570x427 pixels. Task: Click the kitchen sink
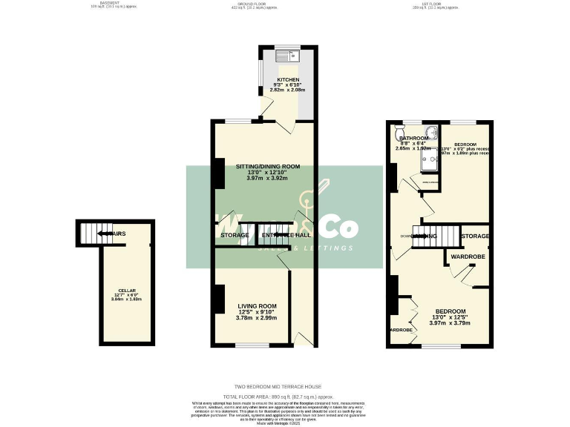click(285, 54)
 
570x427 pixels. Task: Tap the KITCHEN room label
click(288, 79)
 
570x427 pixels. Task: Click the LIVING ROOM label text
click(257, 305)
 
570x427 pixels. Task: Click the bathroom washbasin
click(432, 135)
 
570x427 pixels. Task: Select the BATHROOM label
click(414, 139)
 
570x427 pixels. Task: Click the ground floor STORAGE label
click(235, 236)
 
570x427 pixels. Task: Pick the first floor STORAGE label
click(475, 236)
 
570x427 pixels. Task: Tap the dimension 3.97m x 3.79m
click(451, 322)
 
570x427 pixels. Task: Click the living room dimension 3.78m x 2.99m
click(257, 318)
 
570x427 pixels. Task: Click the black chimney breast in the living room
click(218, 299)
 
